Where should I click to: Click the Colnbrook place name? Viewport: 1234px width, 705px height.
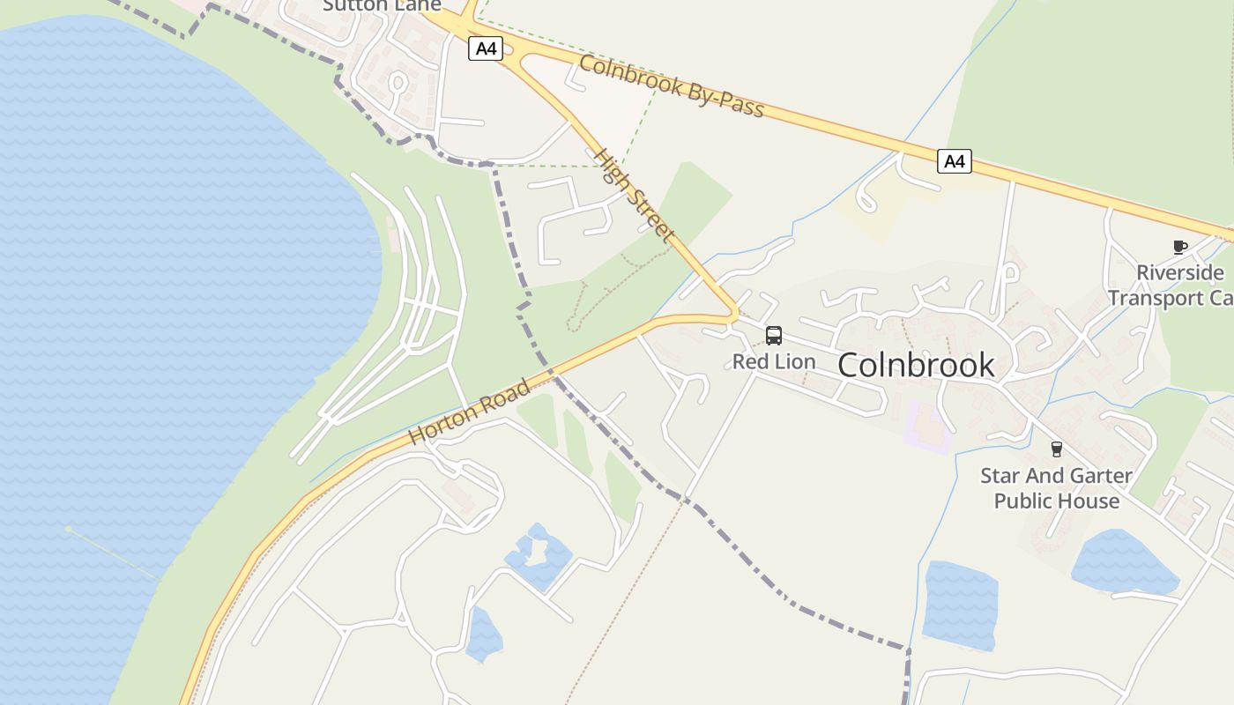[x=916, y=365]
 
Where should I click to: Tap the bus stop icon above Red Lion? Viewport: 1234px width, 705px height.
[x=774, y=336]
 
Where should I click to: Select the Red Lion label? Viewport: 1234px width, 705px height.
[x=774, y=361]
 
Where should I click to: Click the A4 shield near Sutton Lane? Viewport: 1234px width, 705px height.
[x=486, y=48]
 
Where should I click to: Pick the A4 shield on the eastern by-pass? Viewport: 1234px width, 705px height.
[x=954, y=161]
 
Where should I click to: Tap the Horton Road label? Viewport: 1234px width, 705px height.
[x=470, y=412]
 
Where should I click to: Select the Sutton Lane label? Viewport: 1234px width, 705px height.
[x=382, y=5]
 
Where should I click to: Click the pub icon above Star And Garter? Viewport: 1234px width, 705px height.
[x=1056, y=449]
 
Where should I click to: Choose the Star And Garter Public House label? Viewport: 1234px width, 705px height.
[x=1056, y=488]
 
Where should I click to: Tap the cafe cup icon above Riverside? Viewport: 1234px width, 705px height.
[x=1179, y=247]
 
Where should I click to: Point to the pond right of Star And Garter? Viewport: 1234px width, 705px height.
[x=1124, y=561]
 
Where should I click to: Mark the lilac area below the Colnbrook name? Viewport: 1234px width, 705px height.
[x=929, y=427]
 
